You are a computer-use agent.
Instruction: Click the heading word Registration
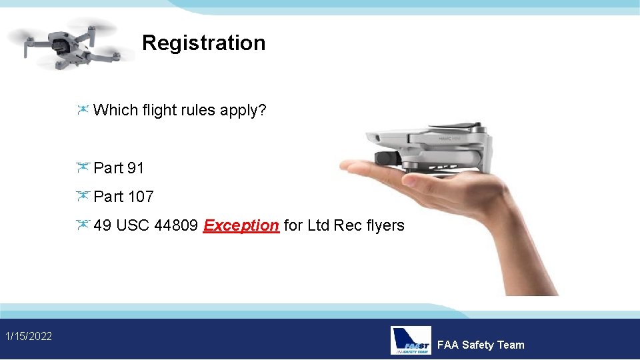[x=203, y=43]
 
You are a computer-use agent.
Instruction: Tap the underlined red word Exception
[x=241, y=225]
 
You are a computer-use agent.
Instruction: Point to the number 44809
[x=175, y=225]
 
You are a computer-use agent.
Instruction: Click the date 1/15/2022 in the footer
[x=29, y=336]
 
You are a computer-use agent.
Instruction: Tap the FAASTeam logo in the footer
[x=410, y=340]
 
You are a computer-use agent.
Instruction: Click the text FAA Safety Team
[x=480, y=345]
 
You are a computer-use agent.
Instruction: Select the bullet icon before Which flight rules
[x=83, y=110]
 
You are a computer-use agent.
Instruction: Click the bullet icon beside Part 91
[x=83, y=167]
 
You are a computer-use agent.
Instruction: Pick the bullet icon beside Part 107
[x=83, y=196]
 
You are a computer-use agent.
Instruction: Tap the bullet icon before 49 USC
[x=83, y=225]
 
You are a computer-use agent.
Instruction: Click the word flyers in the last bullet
[x=385, y=225]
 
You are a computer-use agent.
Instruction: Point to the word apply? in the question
[x=243, y=111]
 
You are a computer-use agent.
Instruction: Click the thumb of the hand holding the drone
[x=360, y=167]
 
